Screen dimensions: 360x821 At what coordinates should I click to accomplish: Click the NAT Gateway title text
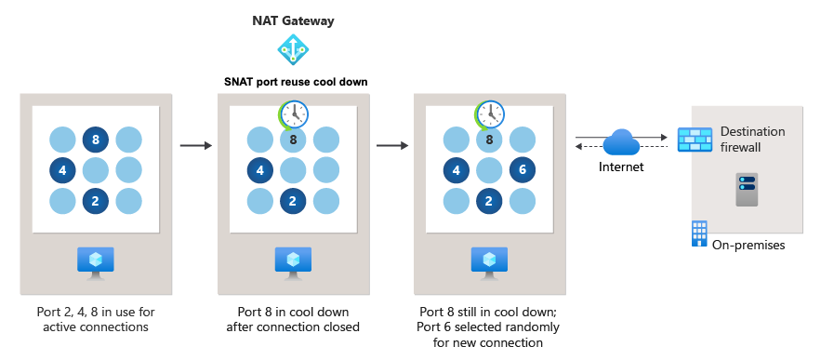coord(295,20)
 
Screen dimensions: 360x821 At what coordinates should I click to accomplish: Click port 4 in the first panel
coord(62,171)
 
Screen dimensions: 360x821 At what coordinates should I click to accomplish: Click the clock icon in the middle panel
coord(294,115)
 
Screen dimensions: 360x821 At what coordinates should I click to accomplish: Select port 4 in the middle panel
coord(260,171)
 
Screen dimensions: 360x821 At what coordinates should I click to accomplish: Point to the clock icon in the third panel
coord(491,115)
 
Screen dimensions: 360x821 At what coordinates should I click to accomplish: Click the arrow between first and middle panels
coord(195,145)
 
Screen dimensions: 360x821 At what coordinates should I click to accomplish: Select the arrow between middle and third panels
coord(392,145)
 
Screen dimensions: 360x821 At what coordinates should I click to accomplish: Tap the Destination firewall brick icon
coord(695,140)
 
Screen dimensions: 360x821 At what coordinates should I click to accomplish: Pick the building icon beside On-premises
coord(698,233)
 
